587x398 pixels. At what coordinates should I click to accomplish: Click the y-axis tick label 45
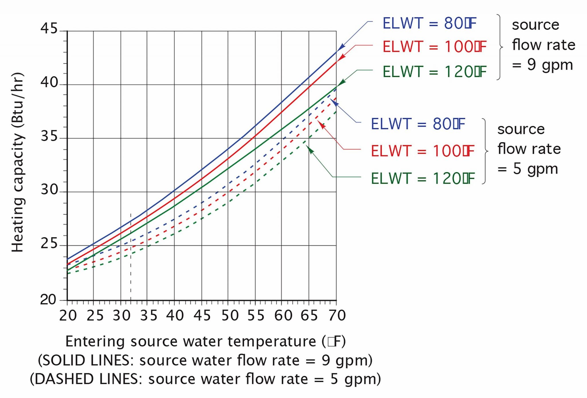point(49,28)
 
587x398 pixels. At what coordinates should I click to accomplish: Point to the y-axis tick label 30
point(49,190)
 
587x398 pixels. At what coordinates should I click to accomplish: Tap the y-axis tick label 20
point(48,300)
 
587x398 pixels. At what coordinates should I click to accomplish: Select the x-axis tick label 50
point(230,315)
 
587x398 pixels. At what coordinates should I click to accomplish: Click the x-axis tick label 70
point(337,315)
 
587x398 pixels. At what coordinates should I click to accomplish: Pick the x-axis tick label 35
point(149,315)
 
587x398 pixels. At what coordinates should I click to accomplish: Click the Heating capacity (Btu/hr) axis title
point(18,162)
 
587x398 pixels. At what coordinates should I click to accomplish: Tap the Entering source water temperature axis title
point(206,341)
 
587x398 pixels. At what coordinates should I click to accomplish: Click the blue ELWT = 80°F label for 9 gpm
point(429,24)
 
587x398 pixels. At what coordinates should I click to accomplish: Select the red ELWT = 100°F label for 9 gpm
point(434,47)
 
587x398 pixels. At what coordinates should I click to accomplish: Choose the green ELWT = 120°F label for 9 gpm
point(434,72)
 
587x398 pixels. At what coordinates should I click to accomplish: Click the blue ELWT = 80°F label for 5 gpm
point(418,124)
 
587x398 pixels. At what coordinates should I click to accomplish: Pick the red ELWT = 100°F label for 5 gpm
point(422,151)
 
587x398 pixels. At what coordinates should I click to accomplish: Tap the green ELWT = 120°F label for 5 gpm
point(422,178)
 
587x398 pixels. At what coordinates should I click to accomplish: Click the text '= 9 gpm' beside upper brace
point(542,65)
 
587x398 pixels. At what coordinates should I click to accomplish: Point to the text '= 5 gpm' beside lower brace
point(527,169)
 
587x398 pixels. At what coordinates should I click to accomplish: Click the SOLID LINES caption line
point(205,360)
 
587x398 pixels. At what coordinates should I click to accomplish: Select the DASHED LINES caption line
point(206,379)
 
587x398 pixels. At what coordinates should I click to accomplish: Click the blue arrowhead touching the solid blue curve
point(342,47)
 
